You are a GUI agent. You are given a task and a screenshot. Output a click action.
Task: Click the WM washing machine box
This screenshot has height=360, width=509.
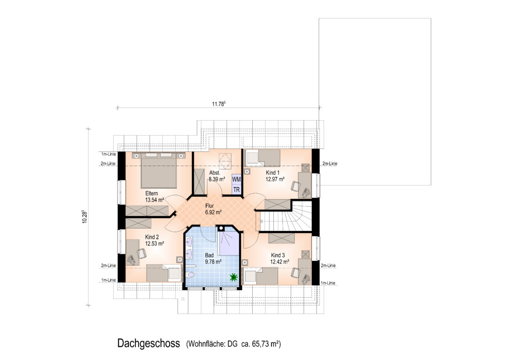click(237, 180)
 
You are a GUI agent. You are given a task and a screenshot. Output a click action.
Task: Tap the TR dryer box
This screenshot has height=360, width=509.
click(237, 189)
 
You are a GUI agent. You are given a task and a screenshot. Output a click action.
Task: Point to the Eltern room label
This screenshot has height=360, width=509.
click(151, 193)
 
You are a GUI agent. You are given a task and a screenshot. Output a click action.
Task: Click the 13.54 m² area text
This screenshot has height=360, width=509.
click(154, 200)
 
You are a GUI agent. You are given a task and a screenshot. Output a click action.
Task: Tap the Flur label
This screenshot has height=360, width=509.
click(210, 205)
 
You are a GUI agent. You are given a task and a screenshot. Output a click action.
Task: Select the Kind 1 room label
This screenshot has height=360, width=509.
click(272, 173)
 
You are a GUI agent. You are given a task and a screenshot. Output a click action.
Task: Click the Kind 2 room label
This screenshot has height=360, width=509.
click(152, 237)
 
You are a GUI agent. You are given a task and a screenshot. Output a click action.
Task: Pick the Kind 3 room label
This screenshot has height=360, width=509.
click(278, 255)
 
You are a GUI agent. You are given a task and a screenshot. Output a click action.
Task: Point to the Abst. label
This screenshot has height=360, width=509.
click(215, 173)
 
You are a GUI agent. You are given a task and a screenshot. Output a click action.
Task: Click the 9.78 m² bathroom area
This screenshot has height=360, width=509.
click(213, 262)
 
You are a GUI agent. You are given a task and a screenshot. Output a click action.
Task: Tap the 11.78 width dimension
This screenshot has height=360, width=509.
click(219, 104)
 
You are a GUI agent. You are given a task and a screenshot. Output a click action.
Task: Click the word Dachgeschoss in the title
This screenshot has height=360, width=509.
click(149, 343)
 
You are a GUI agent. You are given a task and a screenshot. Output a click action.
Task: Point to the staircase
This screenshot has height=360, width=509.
click(286, 216)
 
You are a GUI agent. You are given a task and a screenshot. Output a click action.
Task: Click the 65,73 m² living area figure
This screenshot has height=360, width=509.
click(266, 344)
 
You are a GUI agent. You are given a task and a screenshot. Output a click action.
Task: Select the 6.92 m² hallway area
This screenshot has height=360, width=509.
click(213, 212)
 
